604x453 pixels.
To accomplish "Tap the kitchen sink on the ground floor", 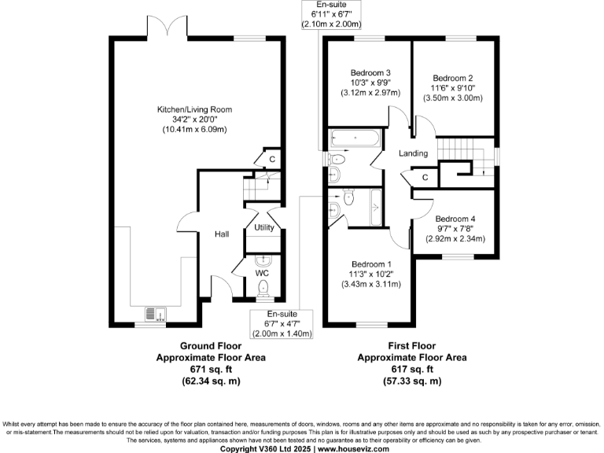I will click(x=153, y=315).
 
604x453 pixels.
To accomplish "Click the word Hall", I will click(x=221, y=234).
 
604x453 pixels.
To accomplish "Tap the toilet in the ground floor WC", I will click(x=263, y=288).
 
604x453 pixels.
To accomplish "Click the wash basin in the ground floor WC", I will click(x=263, y=260).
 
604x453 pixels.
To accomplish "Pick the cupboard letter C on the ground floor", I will click(x=272, y=159).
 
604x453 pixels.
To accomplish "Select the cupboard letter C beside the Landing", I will click(x=425, y=177).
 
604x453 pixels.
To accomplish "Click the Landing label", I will click(x=413, y=153).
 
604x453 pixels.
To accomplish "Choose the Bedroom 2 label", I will click(x=452, y=78).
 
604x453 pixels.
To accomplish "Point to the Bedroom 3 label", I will click(x=370, y=73).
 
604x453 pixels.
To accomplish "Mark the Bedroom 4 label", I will click(x=455, y=219).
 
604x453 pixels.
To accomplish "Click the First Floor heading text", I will click(x=411, y=345).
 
